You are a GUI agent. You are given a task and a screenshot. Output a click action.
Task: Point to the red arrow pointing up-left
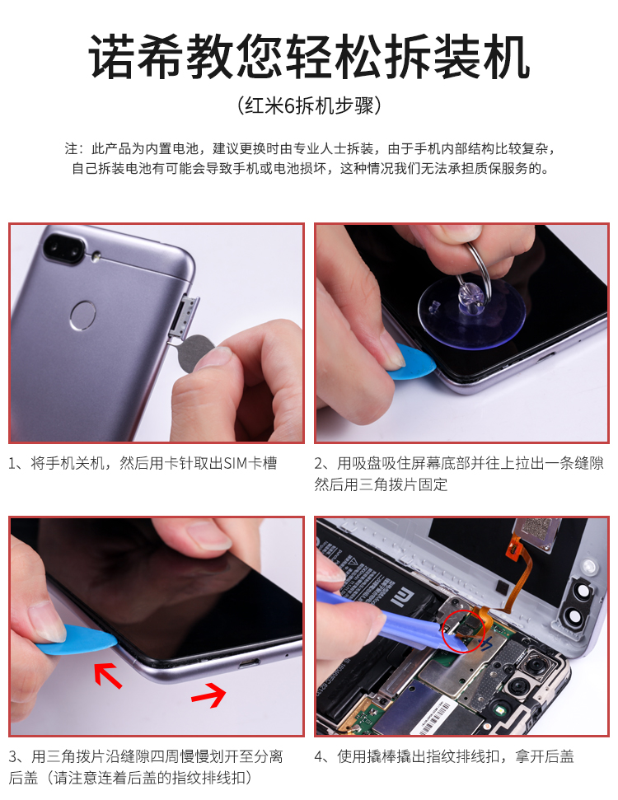pyautogui.click(x=108, y=675)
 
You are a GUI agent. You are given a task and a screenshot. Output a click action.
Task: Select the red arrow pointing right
pyautogui.click(x=208, y=695)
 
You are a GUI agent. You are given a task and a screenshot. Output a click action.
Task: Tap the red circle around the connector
pyautogui.click(x=462, y=631)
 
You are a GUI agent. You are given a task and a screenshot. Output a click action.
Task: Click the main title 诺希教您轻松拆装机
pyautogui.click(x=309, y=57)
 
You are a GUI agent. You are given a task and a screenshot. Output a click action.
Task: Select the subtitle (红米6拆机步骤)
pyautogui.click(x=309, y=105)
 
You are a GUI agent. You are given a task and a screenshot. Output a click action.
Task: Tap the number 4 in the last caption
pyautogui.click(x=320, y=756)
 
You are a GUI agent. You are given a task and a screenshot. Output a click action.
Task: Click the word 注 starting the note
pyautogui.click(x=71, y=148)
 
